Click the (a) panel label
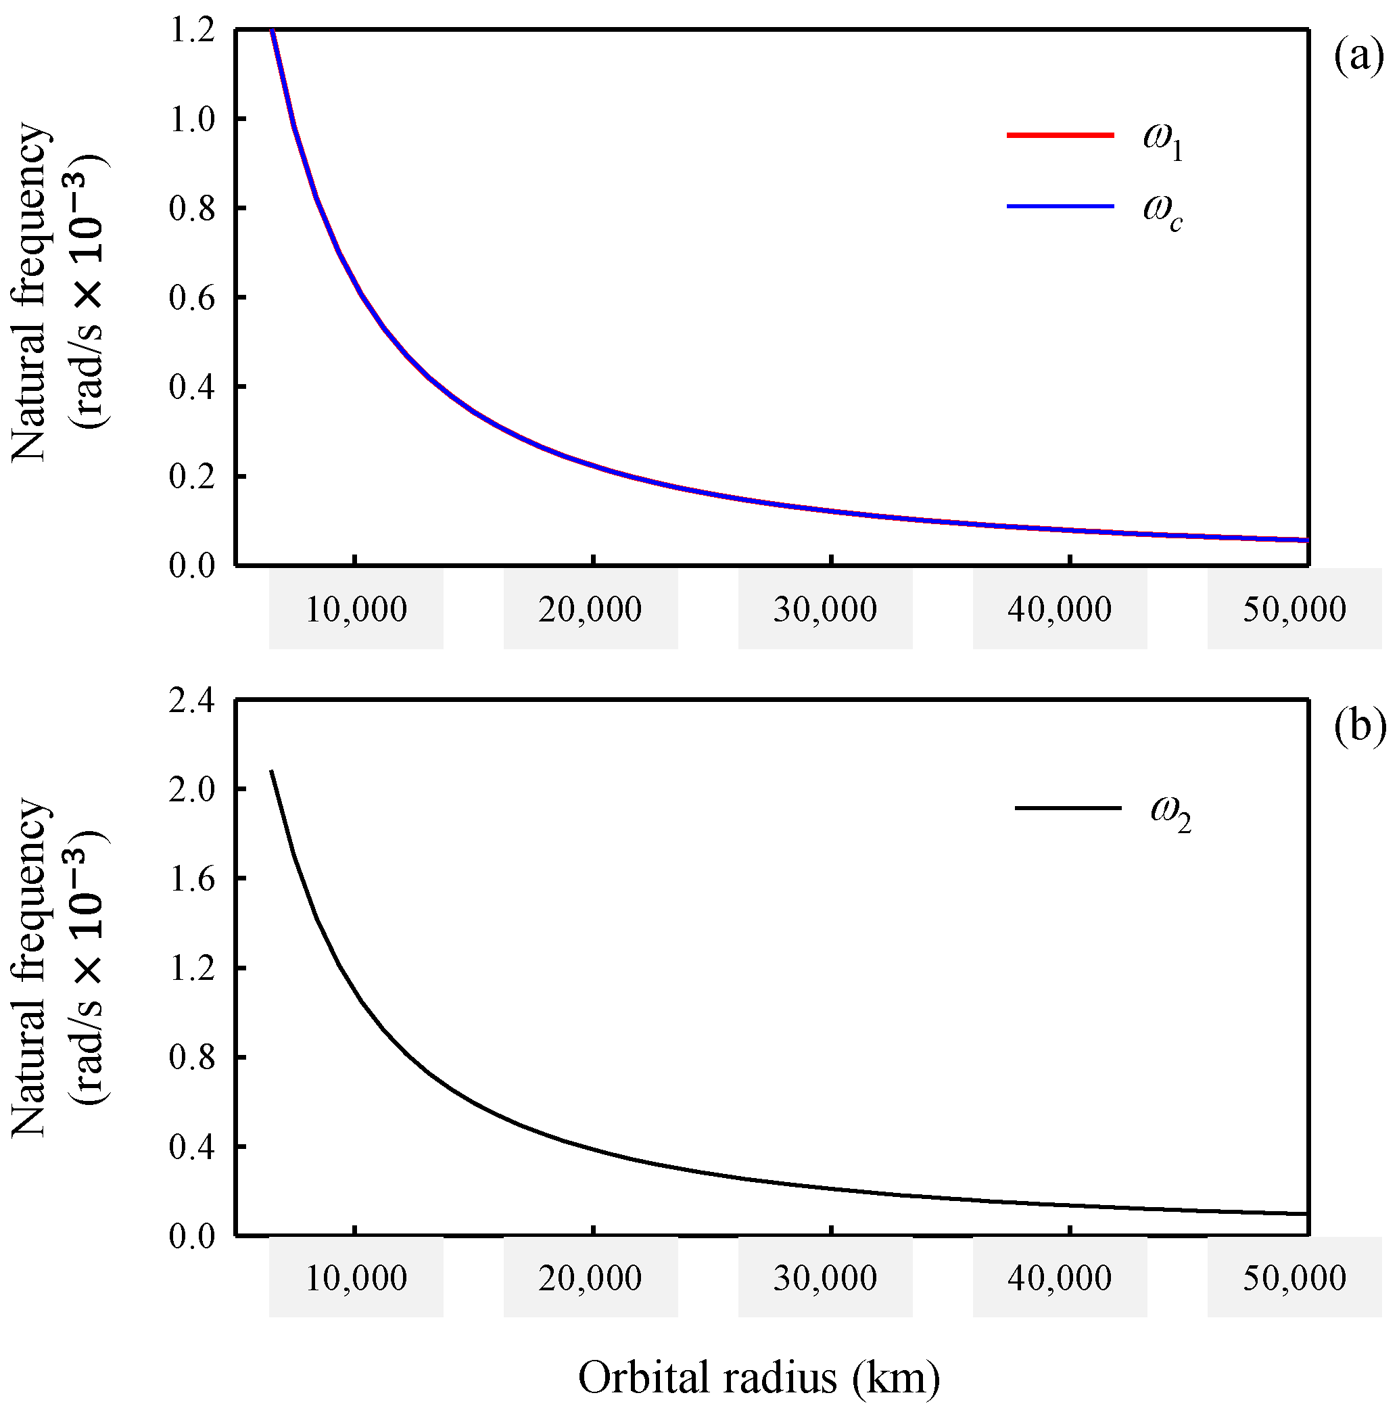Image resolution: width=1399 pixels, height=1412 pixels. click(x=1358, y=57)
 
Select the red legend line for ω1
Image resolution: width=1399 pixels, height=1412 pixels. click(x=1060, y=135)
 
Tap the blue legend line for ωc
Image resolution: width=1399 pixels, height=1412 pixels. click(x=1060, y=207)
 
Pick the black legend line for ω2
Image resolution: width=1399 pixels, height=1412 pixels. click(x=1068, y=807)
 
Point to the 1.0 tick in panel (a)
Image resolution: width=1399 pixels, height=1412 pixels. click(x=192, y=119)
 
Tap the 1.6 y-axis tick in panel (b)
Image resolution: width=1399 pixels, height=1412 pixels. click(x=192, y=879)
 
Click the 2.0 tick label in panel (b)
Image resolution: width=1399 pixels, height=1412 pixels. click(x=192, y=789)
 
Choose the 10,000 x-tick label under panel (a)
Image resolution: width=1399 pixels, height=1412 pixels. click(x=356, y=609)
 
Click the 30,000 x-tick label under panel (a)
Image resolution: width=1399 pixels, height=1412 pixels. click(x=825, y=609)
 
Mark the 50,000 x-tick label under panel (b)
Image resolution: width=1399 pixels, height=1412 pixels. click(x=1294, y=1278)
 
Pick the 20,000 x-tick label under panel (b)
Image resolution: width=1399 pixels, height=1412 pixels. click(x=590, y=1278)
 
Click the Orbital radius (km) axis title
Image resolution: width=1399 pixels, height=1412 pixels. click(x=759, y=1378)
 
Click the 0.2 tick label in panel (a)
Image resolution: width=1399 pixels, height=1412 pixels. click(x=192, y=477)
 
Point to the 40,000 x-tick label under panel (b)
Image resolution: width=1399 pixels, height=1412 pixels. click(x=1059, y=1278)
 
